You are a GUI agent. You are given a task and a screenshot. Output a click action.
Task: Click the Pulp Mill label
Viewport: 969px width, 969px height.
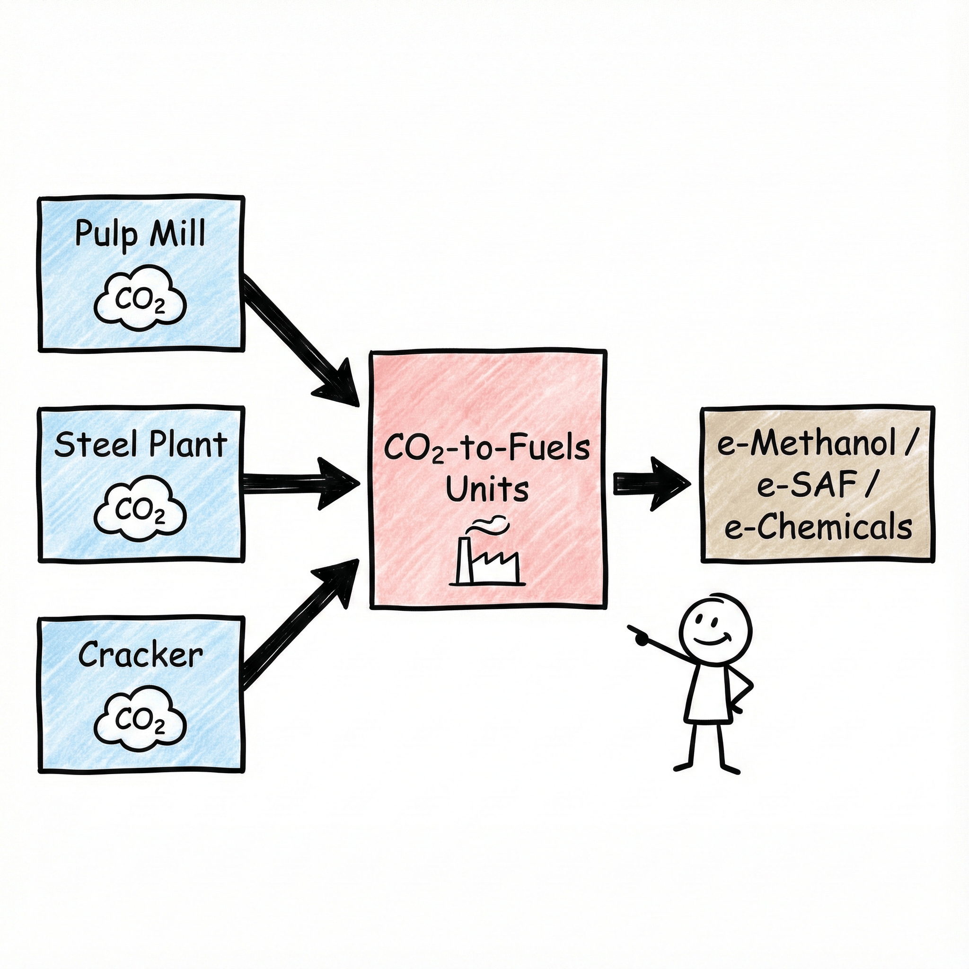click(140, 234)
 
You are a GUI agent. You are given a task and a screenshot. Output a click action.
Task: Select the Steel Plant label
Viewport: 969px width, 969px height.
click(141, 444)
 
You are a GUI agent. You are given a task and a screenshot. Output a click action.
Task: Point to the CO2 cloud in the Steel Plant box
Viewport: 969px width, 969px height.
click(140, 511)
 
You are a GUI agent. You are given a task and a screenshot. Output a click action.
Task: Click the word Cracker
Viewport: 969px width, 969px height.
click(141, 654)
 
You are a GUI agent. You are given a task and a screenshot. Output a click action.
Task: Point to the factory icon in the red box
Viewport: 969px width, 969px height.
click(487, 562)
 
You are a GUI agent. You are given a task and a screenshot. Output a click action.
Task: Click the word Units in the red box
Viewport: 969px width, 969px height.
click(487, 489)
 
